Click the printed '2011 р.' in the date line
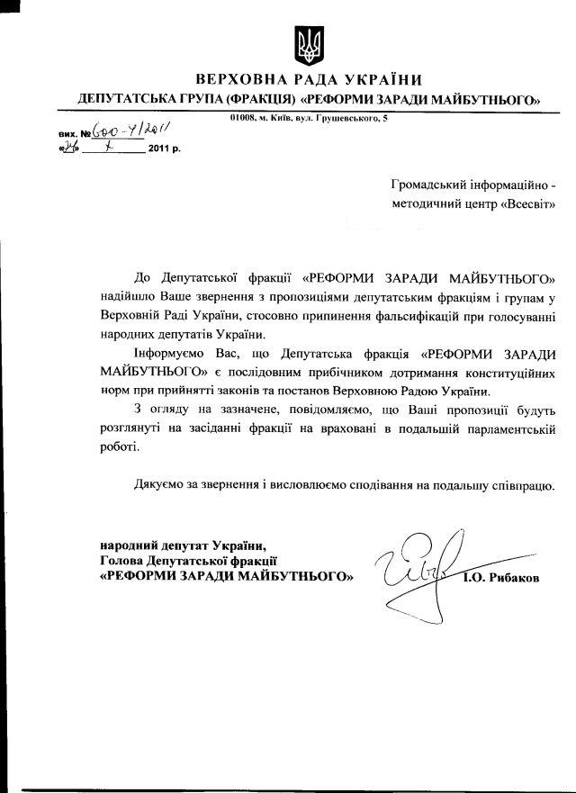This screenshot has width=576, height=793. pos(164,149)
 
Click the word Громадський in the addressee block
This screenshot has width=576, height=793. pos(430,185)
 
